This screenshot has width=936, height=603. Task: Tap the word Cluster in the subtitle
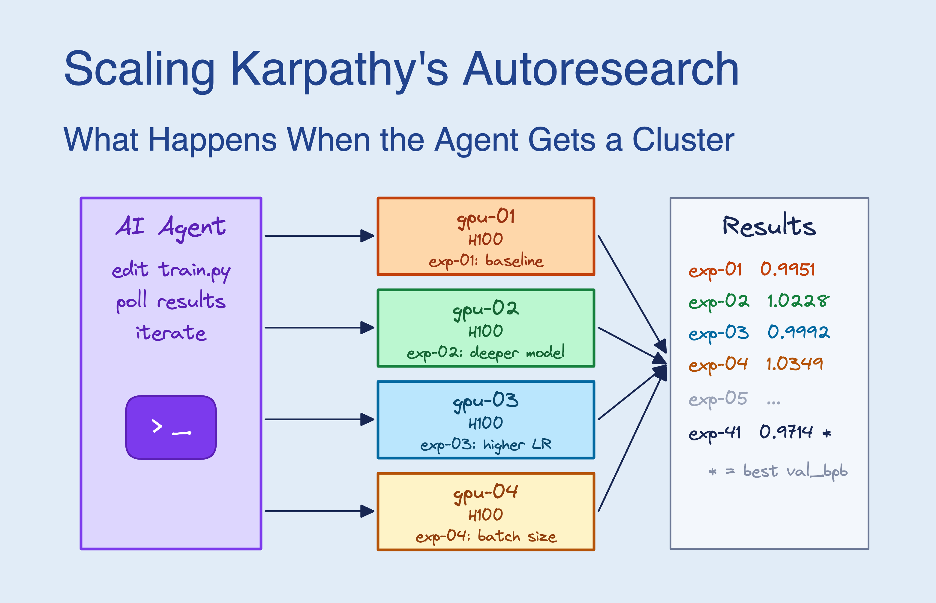(683, 140)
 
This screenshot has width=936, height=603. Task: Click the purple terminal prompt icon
(171, 427)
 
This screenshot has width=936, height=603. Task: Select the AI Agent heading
(171, 227)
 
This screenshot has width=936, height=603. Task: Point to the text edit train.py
(171, 271)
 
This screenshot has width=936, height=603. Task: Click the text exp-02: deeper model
(486, 353)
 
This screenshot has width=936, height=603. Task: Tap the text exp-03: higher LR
(486, 444)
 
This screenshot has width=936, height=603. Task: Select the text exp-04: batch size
(486, 536)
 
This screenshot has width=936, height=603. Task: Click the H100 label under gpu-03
(486, 423)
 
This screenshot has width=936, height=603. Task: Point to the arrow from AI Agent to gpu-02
(319, 328)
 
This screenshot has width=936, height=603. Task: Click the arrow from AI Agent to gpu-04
(319, 511)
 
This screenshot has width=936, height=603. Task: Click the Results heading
(769, 226)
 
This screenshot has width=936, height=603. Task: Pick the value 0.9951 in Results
(787, 270)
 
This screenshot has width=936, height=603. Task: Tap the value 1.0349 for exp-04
(795, 364)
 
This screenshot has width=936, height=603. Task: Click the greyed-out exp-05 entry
(718, 399)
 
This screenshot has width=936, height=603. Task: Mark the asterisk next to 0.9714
(827, 433)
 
